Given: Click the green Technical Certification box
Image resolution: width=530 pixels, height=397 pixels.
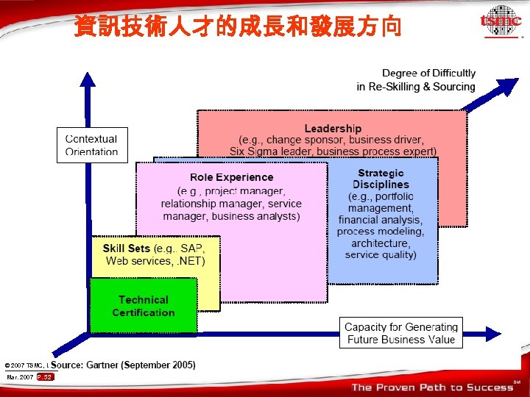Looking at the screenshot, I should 144,305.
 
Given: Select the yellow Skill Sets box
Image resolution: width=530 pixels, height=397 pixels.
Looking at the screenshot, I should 155,254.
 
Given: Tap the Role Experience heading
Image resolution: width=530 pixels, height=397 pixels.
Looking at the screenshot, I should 231,177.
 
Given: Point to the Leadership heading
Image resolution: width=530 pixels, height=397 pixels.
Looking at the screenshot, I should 333,129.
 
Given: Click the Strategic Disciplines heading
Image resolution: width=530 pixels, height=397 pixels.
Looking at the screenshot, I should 381,179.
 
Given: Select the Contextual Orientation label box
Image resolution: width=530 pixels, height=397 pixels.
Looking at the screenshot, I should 91,145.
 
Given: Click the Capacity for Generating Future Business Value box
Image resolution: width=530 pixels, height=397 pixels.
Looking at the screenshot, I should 401,333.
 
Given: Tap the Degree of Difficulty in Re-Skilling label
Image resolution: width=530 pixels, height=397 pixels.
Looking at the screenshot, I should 416,80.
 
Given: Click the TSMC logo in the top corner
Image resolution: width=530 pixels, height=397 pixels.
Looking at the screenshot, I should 500,22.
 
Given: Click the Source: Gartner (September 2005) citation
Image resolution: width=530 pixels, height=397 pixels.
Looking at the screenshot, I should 123,365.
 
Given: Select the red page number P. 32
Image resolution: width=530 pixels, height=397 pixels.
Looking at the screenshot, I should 45,377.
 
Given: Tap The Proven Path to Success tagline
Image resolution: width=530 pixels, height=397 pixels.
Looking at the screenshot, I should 433,387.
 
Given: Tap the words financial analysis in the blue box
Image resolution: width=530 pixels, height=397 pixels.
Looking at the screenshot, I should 380,220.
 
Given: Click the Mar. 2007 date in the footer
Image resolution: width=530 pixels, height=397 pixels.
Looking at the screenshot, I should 20,377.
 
